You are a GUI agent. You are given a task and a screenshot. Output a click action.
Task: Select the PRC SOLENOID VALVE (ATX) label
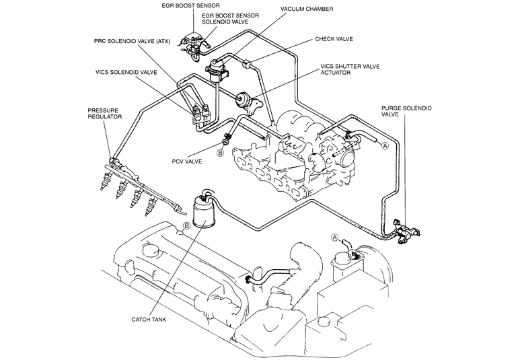pos(133,40)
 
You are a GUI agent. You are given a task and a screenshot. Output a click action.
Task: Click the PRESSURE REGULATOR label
pos(105,112)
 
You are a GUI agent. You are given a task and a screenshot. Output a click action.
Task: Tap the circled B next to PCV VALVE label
pos(219,153)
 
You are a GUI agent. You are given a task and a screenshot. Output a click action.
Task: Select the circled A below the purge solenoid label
pos(384,145)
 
